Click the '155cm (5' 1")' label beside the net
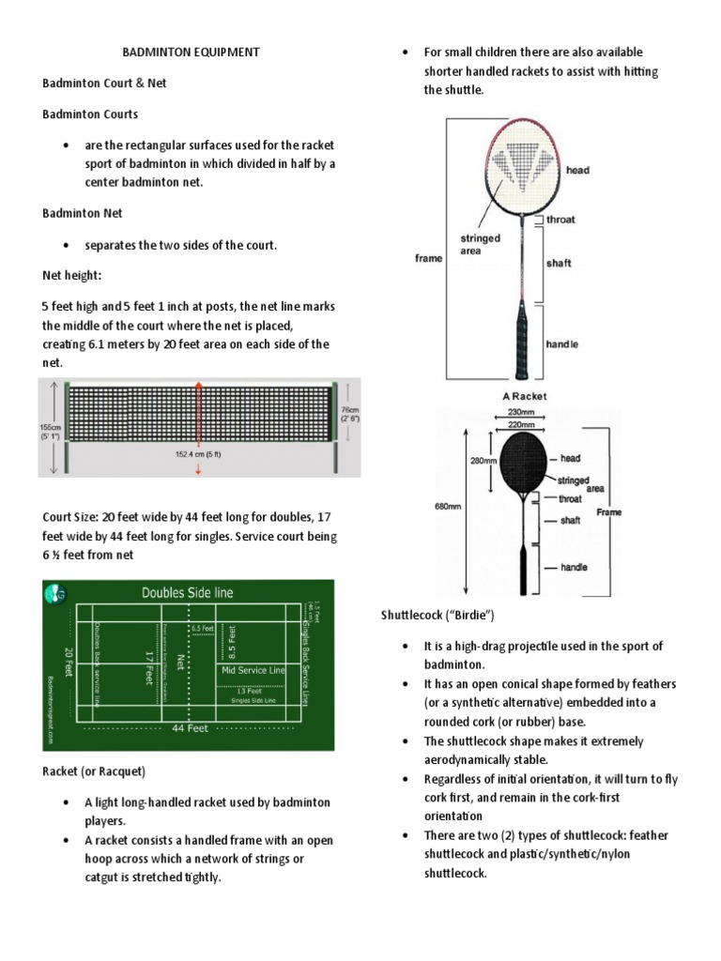[52, 430]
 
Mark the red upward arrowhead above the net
[198, 385]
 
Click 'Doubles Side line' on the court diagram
[187, 592]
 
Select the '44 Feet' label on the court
[192, 728]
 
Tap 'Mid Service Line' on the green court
[253, 671]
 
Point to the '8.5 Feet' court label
[232, 640]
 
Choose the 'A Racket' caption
[524, 396]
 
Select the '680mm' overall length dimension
[448, 506]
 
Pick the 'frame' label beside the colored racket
[428, 258]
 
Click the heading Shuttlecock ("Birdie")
[437, 615]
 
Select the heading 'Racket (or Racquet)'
[94, 771]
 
